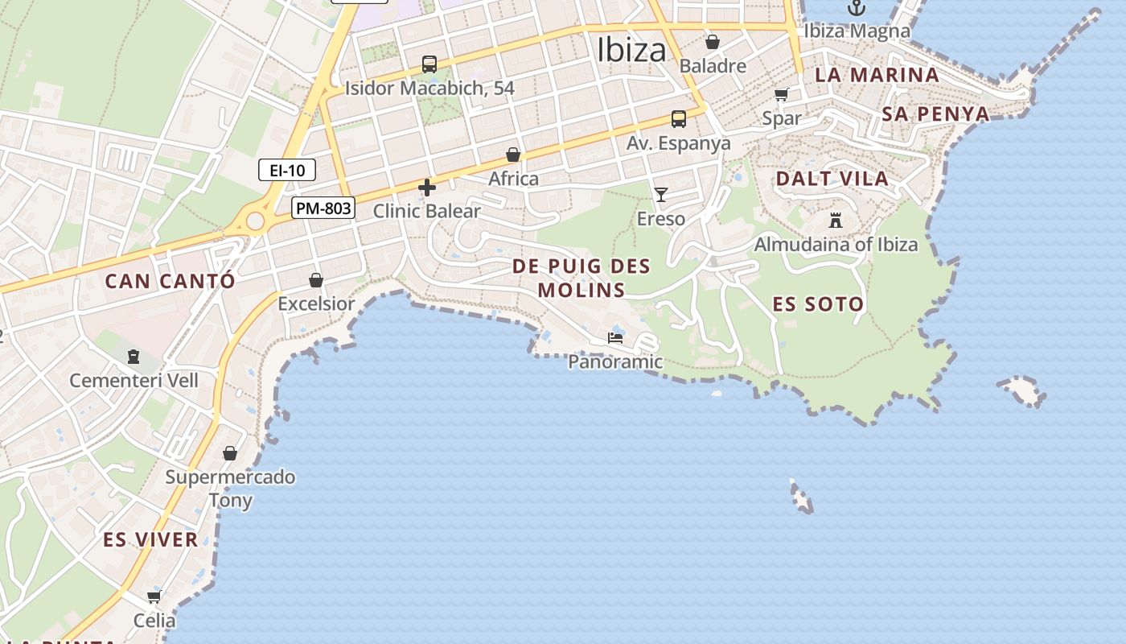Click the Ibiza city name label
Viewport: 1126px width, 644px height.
coord(631,50)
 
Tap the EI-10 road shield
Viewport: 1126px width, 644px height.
coord(286,170)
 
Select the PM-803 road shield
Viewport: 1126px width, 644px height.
coord(323,208)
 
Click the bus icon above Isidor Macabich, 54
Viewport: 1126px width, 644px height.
coord(429,64)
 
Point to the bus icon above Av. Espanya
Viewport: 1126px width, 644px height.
coord(679,119)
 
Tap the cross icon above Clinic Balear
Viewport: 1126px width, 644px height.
coord(427,188)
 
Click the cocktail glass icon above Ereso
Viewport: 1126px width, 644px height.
coord(661,194)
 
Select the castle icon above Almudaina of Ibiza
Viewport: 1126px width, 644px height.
coord(836,220)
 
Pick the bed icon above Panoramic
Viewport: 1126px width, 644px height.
coord(615,338)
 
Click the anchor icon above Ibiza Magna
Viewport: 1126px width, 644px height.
coord(857,8)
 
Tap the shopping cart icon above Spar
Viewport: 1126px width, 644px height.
coord(782,94)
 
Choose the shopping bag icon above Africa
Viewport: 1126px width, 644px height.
coord(513,155)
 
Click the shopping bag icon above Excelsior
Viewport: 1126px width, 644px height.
coord(316,280)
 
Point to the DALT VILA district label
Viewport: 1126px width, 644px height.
coord(832,179)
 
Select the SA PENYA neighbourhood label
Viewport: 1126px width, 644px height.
coord(935,114)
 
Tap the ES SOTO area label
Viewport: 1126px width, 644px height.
coord(818,304)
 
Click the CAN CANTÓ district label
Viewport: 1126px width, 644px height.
coord(171,281)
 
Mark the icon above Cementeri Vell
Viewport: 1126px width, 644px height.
coord(134,356)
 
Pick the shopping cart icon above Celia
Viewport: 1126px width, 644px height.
coord(154,597)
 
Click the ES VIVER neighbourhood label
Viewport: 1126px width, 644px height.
coord(150,539)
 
